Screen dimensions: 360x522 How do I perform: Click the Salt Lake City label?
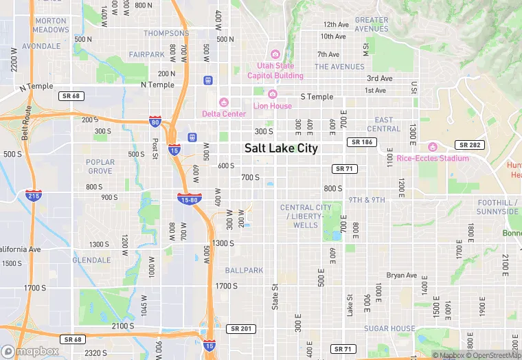(x=281, y=148)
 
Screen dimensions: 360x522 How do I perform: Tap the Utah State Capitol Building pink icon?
(x=275, y=54)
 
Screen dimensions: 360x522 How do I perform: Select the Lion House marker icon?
(x=273, y=94)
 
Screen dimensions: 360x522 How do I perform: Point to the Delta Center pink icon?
(x=223, y=102)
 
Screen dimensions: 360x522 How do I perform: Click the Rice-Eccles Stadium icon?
(x=433, y=147)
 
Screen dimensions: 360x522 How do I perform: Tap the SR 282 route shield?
(x=469, y=145)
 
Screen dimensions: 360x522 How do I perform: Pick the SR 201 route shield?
(x=241, y=329)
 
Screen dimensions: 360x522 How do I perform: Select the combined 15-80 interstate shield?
(x=189, y=200)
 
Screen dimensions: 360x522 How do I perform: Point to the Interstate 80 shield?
(x=156, y=122)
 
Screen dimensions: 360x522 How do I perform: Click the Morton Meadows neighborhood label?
(x=51, y=25)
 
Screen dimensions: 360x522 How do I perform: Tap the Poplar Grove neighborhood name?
(x=100, y=166)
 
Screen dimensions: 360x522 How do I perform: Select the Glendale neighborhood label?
(x=91, y=260)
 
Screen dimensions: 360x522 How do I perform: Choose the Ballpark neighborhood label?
(x=244, y=271)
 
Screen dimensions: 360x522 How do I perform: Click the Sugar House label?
(x=389, y=329)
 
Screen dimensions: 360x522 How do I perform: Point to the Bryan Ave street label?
(x=402, y=275)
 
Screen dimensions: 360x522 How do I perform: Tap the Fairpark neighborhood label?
(x=146, y=54)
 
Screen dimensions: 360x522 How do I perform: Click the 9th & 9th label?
(x=367, y=200)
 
